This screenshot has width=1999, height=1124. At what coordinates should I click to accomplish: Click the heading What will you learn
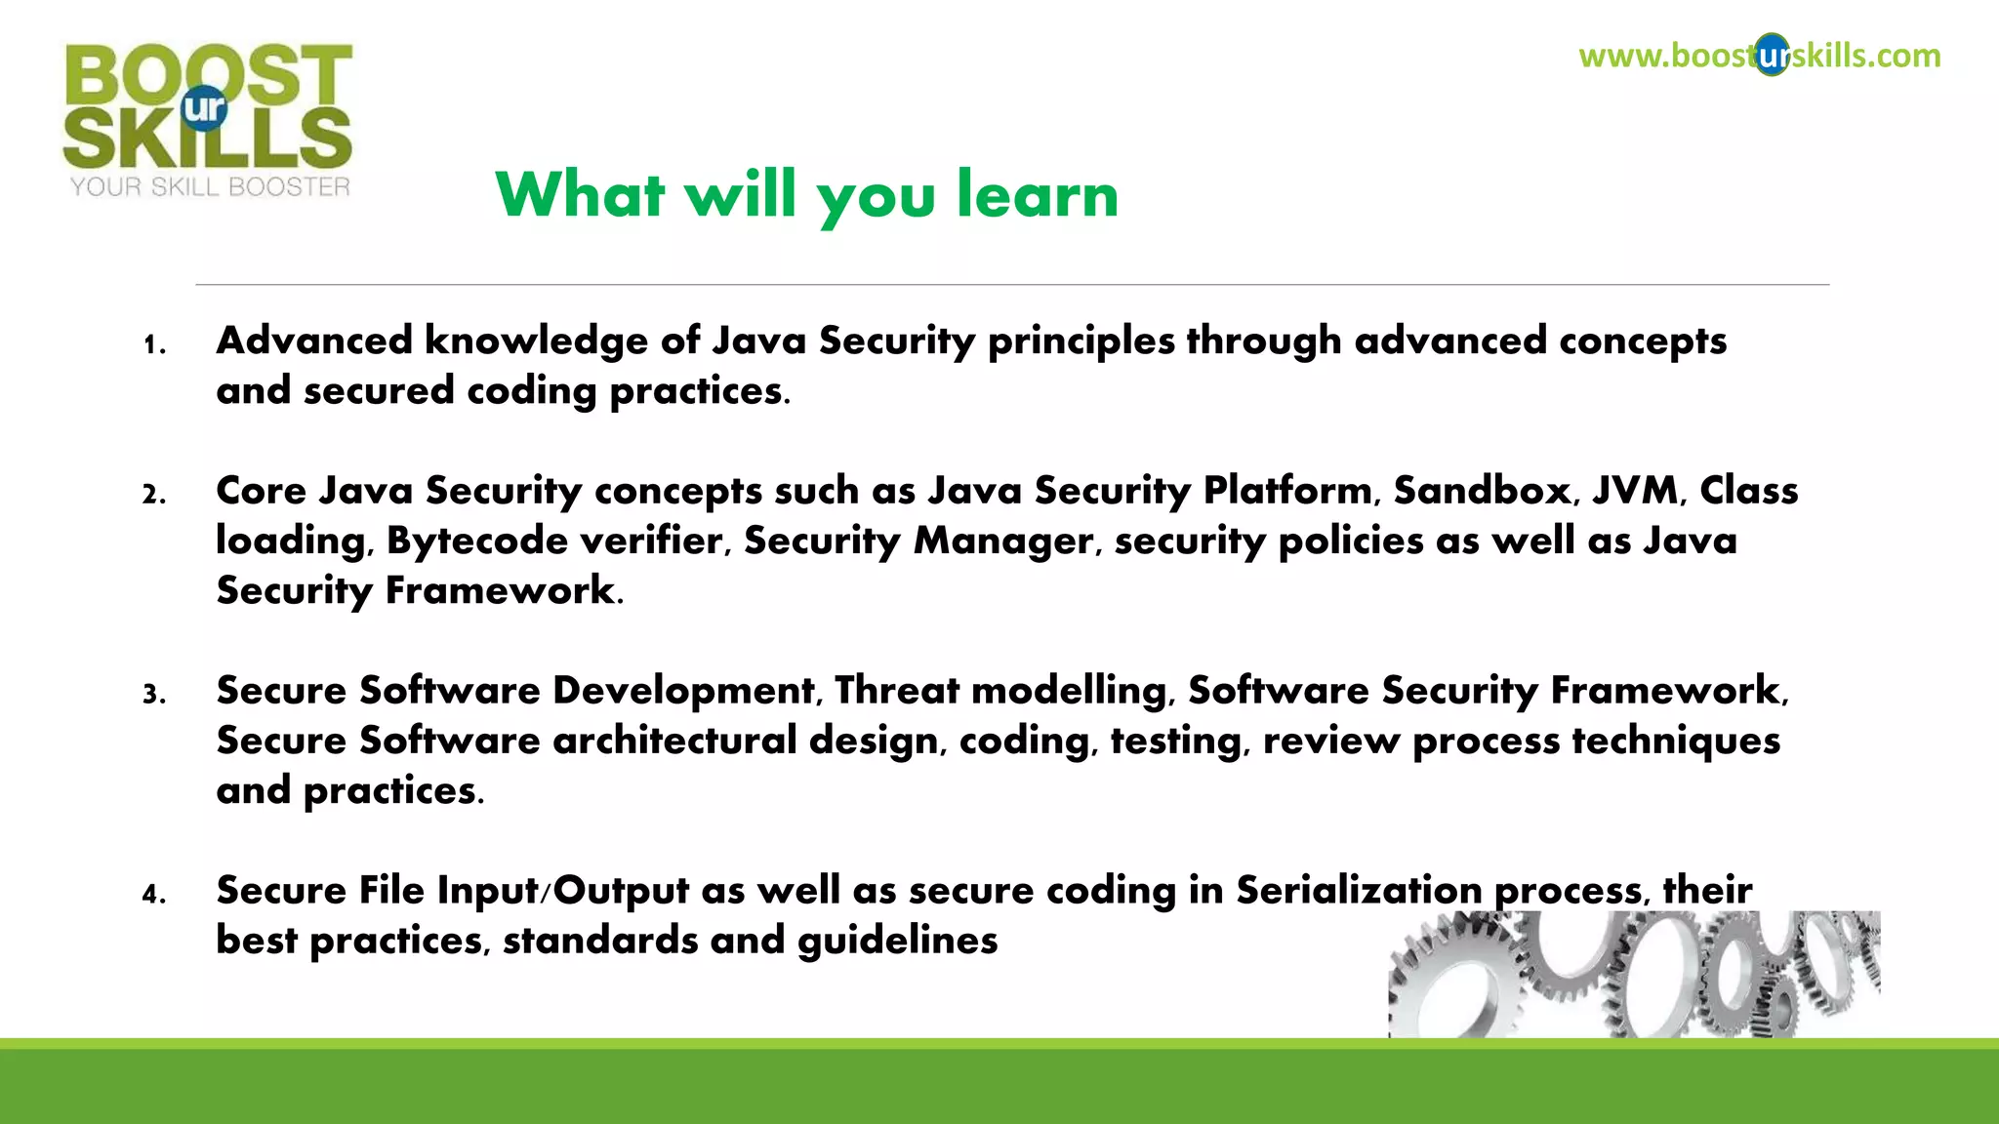tap(806, 195)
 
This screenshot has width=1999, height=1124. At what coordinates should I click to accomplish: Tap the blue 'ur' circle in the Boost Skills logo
tap(204, 107)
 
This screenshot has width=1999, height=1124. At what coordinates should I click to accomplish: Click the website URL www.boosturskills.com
tap(1759, 56)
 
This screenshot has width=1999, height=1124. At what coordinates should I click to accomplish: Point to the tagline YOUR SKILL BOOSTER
tap(210, 187)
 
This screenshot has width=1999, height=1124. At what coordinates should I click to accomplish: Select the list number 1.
tap(152, 345)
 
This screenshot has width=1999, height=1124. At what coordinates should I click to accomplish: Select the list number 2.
tap(153, 495)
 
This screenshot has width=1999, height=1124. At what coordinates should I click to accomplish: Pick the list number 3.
tap(153, 695)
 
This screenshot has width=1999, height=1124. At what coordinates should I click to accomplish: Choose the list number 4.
tap(153, 895)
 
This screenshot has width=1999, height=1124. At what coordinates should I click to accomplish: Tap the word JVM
tap(1637, 490)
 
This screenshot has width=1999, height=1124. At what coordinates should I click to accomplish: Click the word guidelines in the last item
tap(897, 941)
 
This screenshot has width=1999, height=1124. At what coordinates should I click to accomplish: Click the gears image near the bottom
tap(1634, 975)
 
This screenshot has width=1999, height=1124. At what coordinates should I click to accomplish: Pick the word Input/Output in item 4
tap(563, 890)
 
